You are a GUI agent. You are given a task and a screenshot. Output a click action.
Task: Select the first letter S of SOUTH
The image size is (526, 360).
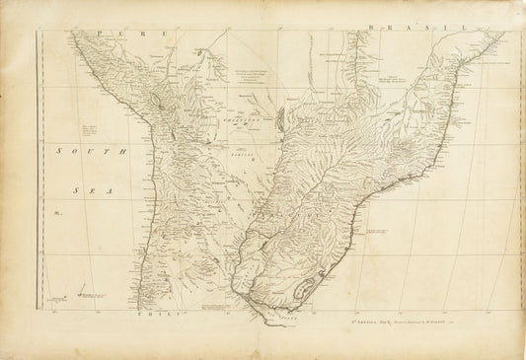(x=56, y=151)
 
